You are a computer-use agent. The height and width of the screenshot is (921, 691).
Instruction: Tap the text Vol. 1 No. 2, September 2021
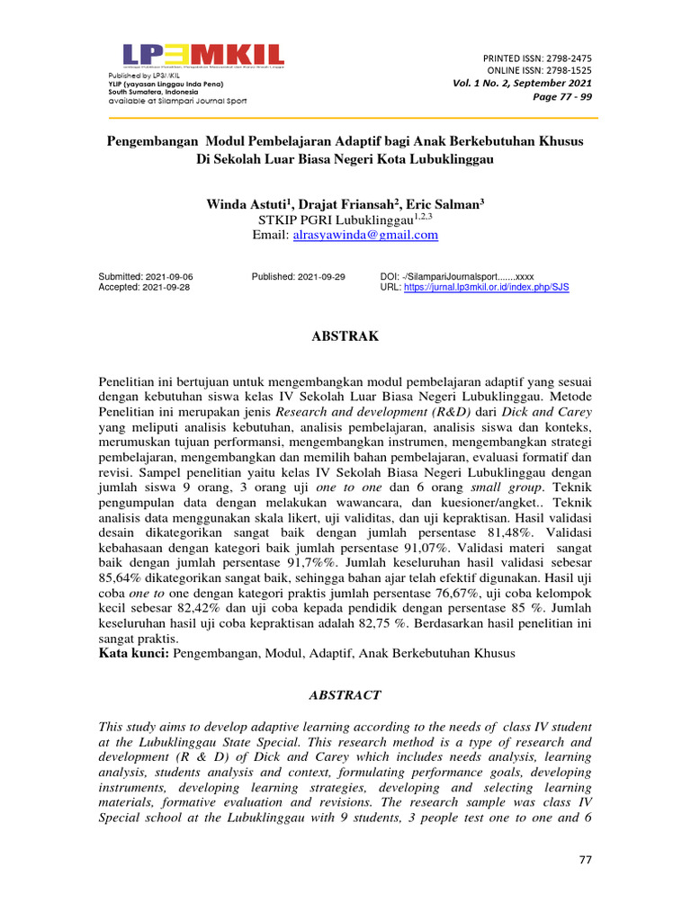tap(522, 84)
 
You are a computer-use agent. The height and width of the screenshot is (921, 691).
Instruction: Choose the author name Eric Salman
tap(447, 204)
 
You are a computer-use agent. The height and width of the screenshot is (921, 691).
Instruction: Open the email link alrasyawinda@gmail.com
tap(365, 235)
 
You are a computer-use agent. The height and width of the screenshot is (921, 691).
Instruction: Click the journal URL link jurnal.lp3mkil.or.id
tap(487, 287)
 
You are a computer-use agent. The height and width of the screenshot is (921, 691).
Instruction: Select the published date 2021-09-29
tap(320, 276)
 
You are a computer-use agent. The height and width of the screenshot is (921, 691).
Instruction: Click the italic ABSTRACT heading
tap(345, 695)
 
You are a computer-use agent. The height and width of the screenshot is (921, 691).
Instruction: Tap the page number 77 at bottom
tap(585, 861)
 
